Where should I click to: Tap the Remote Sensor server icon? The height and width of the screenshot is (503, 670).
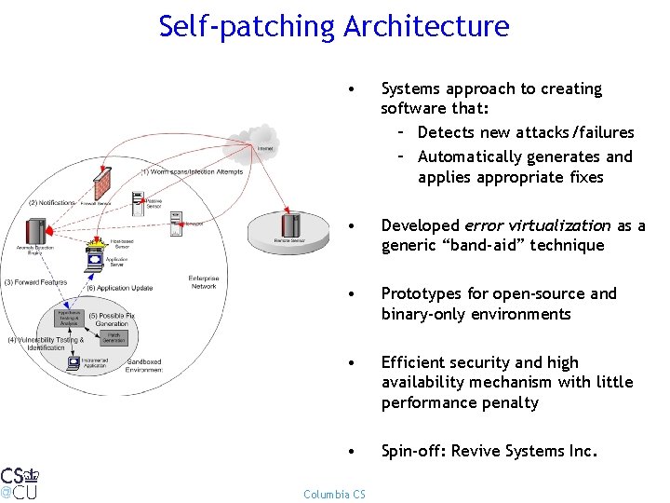click(x=291, y=225)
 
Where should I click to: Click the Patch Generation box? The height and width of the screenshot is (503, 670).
click(x=113, y=337)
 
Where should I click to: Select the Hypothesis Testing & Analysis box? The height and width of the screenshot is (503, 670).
click(x=68, y=320)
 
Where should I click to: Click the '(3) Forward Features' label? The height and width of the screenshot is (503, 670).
click(x=34, y=281)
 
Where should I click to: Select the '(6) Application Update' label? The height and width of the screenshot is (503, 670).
click(x=118, y=288)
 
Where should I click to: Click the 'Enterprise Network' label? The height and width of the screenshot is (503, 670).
click(x=203, y=282)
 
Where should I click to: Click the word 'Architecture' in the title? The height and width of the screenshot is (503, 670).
click(x=425, y=26)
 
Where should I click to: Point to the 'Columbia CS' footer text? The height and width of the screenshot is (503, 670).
click(x=334, y=494)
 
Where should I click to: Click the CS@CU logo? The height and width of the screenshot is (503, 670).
click(x=20, y=483)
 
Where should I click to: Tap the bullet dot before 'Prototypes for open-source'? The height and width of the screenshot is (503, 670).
click(x=349, y=294)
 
